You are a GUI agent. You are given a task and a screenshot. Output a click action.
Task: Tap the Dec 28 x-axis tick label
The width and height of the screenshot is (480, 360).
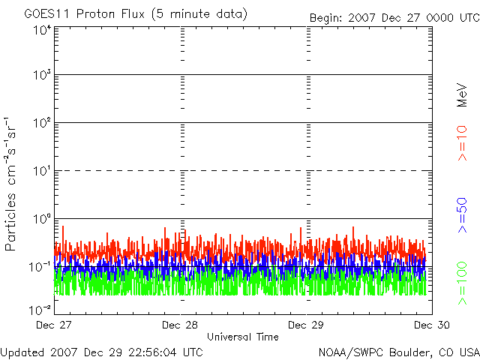181,325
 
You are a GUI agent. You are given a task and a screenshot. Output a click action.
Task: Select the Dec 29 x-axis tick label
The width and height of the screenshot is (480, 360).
306,325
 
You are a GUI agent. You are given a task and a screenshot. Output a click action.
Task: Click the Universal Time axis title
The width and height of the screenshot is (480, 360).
243,337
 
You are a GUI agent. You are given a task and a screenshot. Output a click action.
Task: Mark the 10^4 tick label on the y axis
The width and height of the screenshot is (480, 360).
41,30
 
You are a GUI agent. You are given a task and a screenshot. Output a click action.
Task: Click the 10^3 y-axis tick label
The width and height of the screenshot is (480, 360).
41,75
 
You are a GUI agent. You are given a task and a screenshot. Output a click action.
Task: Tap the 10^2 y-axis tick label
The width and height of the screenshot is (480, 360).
41,123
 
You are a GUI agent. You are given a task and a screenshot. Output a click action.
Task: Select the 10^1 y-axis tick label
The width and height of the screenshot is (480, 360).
41,171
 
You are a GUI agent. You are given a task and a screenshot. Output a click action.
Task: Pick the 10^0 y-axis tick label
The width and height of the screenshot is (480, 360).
41,219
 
